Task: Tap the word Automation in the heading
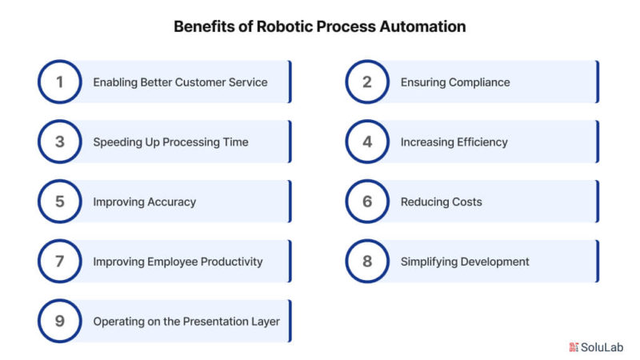[x=422, y=26]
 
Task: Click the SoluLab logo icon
[x=574, y=347]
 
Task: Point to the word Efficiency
[x=482, y=142]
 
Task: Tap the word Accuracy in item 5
[x=171, y=202]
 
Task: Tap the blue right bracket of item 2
[x=597, y=82]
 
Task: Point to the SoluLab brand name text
[x=602, y=347]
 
